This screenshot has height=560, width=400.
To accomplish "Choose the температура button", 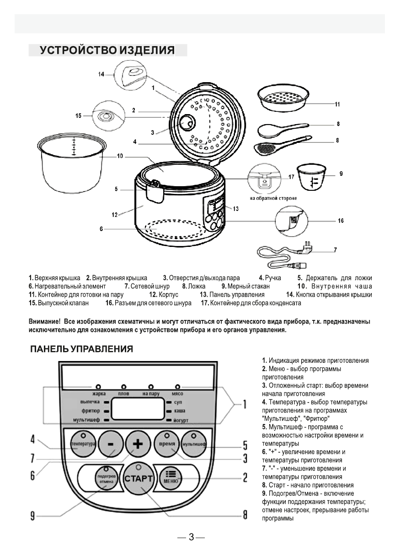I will pyautogui.click(x=82, y=444).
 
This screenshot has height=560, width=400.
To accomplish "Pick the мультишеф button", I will pyautogui.click(x=194, y=444).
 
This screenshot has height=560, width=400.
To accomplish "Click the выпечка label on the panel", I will pyautogui.click(x=90, y=402).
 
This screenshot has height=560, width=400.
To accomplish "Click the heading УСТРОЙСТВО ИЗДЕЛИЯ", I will pyautogui.click(x=107, y=50).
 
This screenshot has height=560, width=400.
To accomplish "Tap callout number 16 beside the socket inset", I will pyautogui.click(x=341, y=220).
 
